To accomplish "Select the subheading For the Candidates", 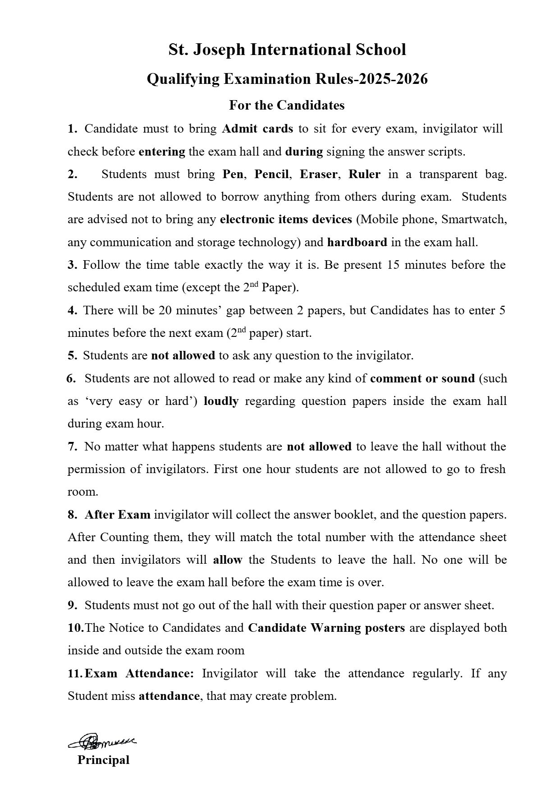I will pyautogui.click(x=287, y=105).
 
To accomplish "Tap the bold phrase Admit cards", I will pyautogui.click(x=257, y=129).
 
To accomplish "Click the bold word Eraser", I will pyautogui.click(x=318, y=175).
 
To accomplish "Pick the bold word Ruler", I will pyautogui.click(x=364, y=175).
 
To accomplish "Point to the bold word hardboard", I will pyautogui.click(x=357, y=243).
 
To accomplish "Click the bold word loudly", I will pyautogui.click(x=221, y=401).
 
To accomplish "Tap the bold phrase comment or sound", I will pyautogui.click(x=422, y=379).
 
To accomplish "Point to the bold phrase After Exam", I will pyautogui.click(x=117, y=515).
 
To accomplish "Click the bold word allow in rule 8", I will pyautogui.click(x=228, y=560).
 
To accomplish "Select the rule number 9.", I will pyautogui.click(x=73, y=606).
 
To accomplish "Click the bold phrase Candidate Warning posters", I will pyautogui.click(x=326, y=628).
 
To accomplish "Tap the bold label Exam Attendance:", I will pyautogui.click(x=139, y=674).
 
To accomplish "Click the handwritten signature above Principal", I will pyautogui.click(x=103, y=741).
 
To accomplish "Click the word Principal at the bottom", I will pyautogui.click(x=103, y=760).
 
